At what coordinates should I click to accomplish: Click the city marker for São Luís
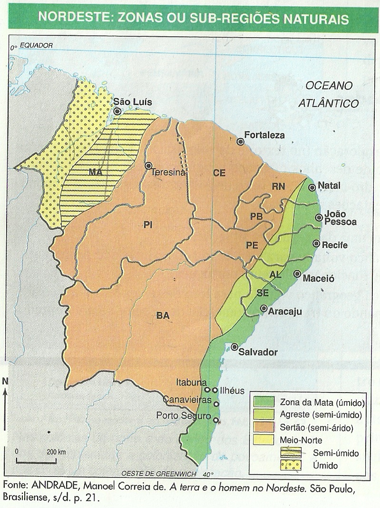pyautogui.click(x=117, y=111)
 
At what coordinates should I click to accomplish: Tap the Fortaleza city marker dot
pyautogui.click(x=241, y=141)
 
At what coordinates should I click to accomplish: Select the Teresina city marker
pyautogui.click(x=149, y=166)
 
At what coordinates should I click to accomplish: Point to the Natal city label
pyautogui.click(x=329, y=186)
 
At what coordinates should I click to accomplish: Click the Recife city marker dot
pyautogui.click(x=316, y=244)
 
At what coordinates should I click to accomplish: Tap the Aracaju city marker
pyautogui.click(x=263, y=308)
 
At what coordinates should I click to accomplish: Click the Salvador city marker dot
pyautogui.click(x=234, y=347)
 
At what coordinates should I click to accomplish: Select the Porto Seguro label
pyautogui.click(x=183, y=416)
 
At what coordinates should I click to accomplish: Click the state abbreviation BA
pyautogui.click(x=163, y=315)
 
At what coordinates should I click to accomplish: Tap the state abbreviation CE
pyautogui.click(x=219, y=173)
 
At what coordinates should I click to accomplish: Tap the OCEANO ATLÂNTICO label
pyautogui.click(x=329, y=94)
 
